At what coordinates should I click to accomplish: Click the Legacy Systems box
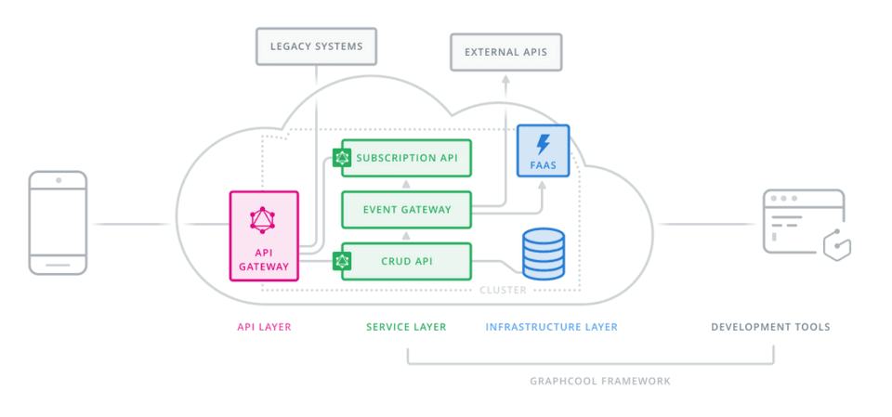pos(316,46)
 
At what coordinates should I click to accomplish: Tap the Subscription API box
pos(407,158)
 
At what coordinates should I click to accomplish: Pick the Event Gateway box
pos(407,210)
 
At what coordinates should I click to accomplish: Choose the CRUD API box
pos(407,261)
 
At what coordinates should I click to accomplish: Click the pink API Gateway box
pos(264,236)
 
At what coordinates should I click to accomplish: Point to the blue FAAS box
pos(543,150)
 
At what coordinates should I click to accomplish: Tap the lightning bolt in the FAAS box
pos(544,144)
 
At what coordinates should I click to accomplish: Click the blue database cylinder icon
pos(543,254)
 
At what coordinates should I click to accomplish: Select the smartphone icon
pos(58,223)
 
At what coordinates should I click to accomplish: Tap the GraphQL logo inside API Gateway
pos(264,220)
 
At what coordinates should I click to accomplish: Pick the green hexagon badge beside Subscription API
pos(342,158)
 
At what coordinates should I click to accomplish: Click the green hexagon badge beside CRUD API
pos(342,261)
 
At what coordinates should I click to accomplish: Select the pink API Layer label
pos(264,327)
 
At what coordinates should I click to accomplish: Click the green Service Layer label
pos(406,327)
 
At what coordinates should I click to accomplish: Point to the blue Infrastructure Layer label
pos(551,327)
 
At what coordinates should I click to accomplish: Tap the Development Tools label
pos(770,327)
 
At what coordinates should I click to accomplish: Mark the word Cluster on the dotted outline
pos(503,291)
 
